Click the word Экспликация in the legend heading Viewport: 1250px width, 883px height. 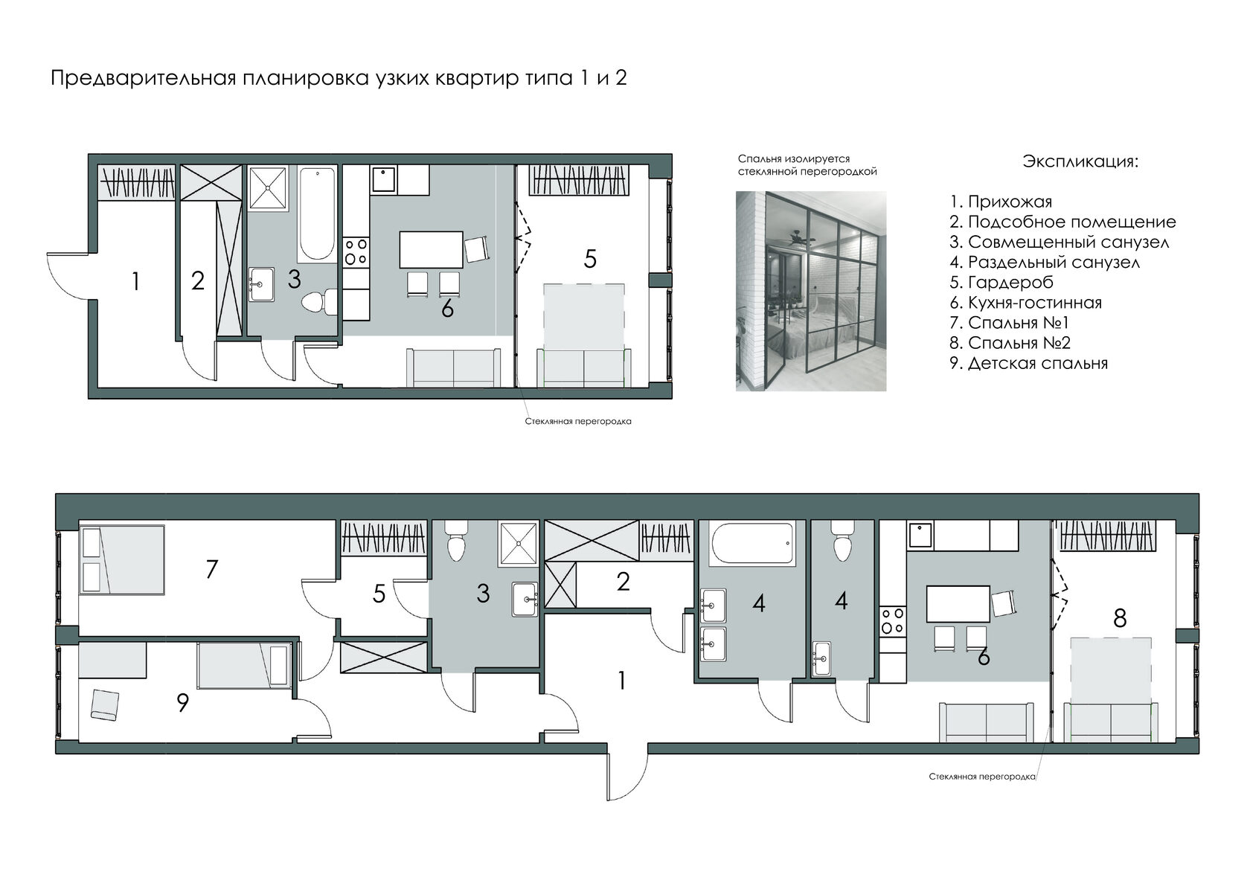coord(1079,161)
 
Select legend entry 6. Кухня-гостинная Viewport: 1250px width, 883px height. coord(1025,303)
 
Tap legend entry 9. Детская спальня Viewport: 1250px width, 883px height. coord(1028,363)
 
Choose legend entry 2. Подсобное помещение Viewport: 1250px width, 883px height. coord(1062,222)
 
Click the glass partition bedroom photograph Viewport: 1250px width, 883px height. coord(811,291)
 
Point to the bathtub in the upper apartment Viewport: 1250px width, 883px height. coord(317,214)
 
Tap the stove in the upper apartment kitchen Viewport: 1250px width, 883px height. coord(356,252)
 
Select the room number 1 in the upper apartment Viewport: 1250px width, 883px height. coord(135,281)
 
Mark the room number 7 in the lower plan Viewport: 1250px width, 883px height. coord(211,569)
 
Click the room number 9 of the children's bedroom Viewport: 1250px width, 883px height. coord(182,703)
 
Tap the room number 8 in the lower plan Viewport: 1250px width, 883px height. coord(1119,618)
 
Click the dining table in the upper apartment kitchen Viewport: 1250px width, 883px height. coord(431,249)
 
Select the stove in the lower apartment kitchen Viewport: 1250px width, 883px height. coord(892,620)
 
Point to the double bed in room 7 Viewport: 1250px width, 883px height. coord(122,559)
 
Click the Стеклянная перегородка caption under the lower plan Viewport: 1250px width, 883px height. coord(981,777)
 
